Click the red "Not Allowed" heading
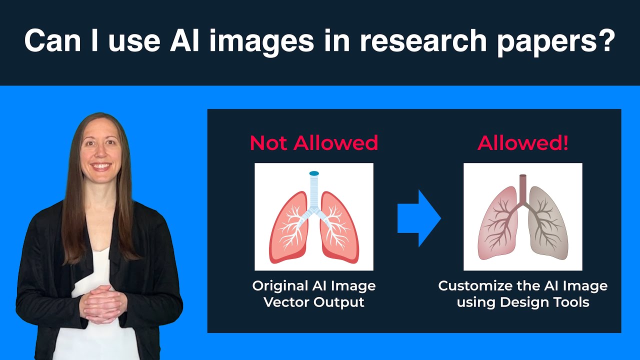(314, 143)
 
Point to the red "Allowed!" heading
(523, 143)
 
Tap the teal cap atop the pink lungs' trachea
(314, 173)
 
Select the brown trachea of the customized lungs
(523, 187)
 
